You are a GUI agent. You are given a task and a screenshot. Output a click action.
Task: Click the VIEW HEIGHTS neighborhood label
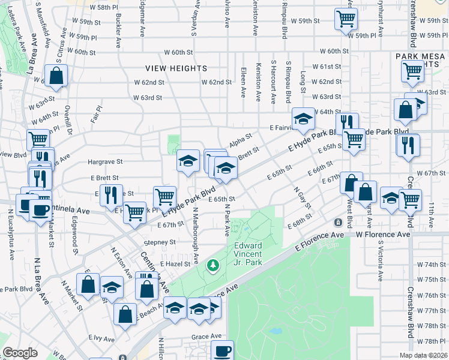click(179, 68)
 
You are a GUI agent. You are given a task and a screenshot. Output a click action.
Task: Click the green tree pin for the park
click(211, 264)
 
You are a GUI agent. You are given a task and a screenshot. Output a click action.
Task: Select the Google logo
click(20, 353)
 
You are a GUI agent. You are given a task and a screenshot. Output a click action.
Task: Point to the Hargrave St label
click(104, 161)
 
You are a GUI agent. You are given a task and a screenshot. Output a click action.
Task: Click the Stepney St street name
click(159, 242)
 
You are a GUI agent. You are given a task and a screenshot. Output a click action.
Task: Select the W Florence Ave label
click(383, 235)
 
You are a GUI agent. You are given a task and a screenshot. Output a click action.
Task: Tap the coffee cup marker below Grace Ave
click(221, 350)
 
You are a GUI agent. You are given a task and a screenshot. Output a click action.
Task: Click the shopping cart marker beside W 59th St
click(346, 20)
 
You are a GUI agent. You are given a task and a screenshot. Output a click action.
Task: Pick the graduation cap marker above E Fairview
click(303, 119)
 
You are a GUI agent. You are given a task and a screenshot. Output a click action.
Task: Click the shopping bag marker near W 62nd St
click(55, 77)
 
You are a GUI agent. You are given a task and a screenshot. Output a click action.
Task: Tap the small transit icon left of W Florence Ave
click(339, 223)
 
